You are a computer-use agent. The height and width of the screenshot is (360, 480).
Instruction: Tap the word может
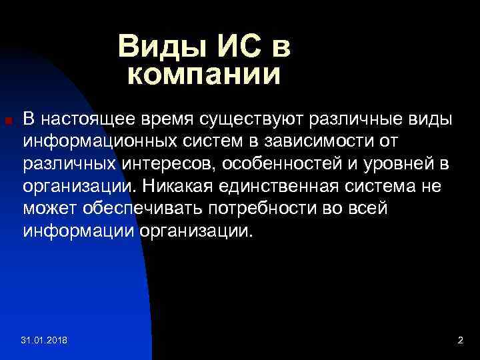tap(49, 209)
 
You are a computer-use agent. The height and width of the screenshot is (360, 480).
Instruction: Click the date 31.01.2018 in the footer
tap(48, 341)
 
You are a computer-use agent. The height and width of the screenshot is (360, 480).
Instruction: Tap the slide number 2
tap(460, 341)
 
